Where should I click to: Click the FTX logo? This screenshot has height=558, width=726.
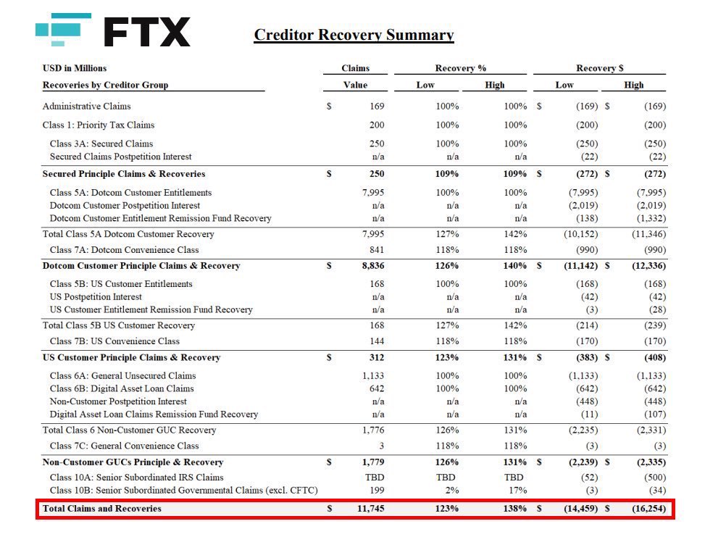point(113,30)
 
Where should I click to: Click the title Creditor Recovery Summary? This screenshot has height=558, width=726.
point(354,35)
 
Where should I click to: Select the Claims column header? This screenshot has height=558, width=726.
point(355,68)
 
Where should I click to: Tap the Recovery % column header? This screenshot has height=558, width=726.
point(460,68)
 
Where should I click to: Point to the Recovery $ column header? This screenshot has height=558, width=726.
point(599,68)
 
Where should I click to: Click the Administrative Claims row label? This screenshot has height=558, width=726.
point(87,107)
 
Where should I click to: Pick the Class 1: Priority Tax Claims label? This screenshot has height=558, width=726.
point(99,125)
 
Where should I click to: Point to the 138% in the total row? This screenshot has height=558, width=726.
point(515,509)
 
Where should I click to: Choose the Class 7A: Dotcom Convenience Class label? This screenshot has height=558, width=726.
point(124,250)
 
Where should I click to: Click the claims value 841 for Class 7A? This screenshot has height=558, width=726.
point(377,250)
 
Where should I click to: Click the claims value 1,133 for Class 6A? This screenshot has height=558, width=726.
point(372,376)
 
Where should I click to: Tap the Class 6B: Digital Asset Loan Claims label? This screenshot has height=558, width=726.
point(122,388)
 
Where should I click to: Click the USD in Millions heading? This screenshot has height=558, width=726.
point(75,68)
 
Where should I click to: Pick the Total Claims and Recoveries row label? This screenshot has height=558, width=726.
point(102,509)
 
